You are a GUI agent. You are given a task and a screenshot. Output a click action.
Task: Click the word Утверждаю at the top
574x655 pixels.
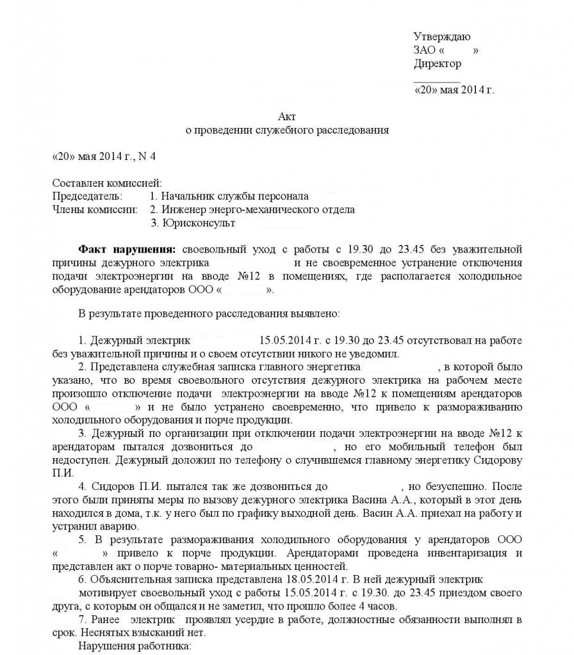tap(441, 36)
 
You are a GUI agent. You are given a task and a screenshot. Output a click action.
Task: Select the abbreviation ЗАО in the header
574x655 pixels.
tap(425, 50)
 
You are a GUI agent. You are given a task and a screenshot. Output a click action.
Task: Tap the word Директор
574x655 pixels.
tap(437, 63)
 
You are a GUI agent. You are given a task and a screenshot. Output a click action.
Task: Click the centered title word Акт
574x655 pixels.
tap(287, 116)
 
